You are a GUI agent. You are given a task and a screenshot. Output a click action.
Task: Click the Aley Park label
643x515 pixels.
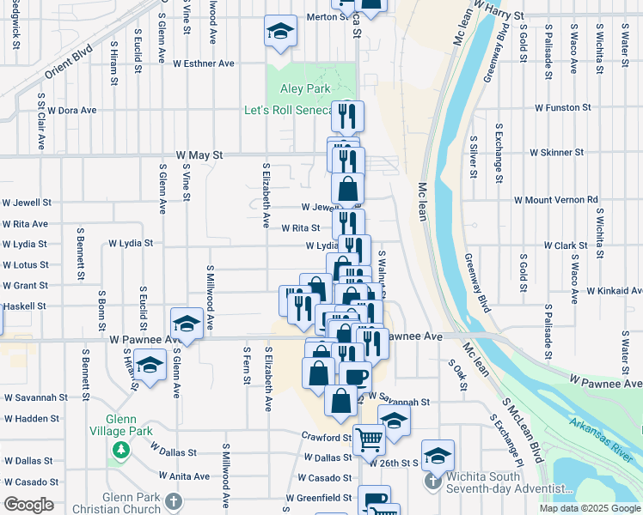click(305, 88)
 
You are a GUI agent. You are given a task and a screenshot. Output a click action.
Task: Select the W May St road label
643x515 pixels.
click(199, 155)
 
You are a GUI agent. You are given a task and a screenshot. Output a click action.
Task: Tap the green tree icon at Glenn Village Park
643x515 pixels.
click(120, 450)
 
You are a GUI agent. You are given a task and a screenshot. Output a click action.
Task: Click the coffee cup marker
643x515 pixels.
click(355, 374)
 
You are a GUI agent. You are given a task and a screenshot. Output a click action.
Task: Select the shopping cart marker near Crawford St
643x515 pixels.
click(369, 439)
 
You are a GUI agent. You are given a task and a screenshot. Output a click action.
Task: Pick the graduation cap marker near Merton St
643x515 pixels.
click(279, 32)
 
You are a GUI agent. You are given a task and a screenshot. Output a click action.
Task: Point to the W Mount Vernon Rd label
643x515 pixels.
click(555, 200)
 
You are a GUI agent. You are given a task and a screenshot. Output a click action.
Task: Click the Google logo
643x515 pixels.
click(28, 505)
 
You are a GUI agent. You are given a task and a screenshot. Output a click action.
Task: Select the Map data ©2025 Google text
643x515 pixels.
click(589, 508)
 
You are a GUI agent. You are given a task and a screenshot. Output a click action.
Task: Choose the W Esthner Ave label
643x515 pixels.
click(204, 64)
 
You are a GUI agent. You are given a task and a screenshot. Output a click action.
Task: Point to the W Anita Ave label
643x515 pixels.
click(184, 476)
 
